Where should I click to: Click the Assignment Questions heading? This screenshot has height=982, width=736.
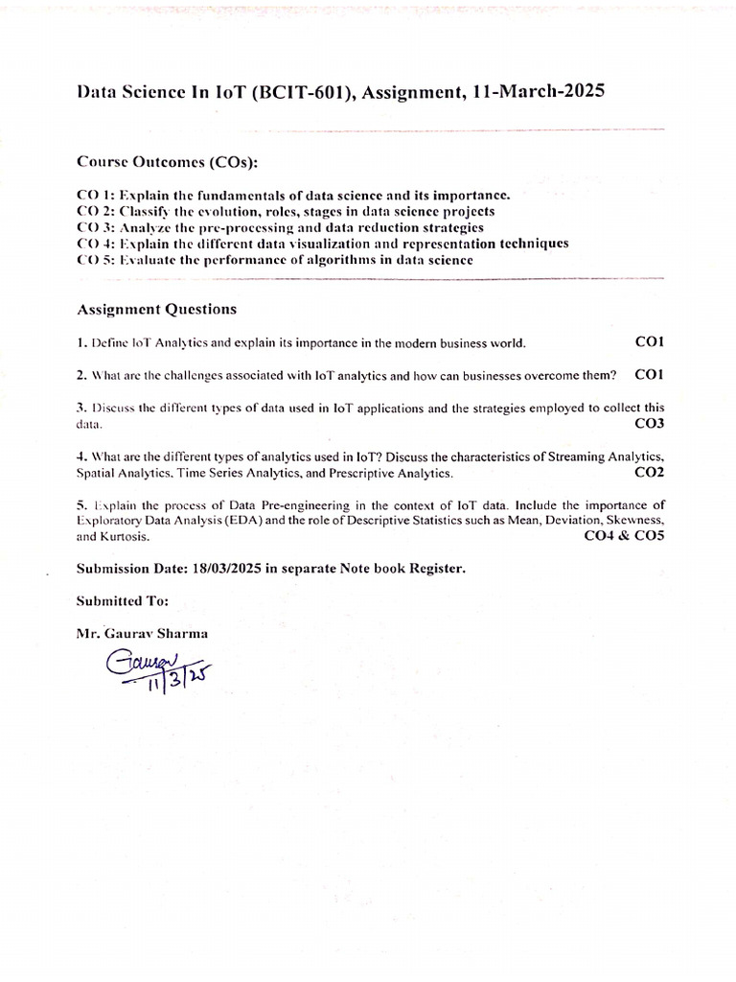tap(156, 310)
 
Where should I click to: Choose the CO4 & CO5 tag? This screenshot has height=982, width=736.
tap(624, 536)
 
